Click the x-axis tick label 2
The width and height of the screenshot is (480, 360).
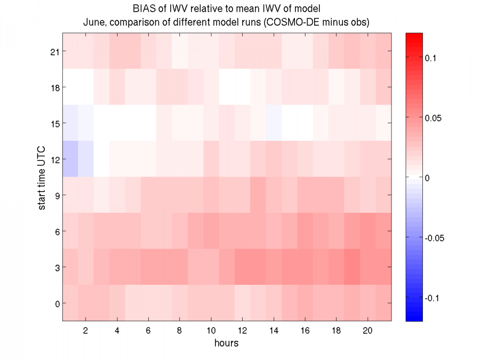pos(86,331)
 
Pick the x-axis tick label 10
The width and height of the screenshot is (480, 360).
pos(211,331)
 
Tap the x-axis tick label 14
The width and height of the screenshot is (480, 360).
pos(274,331)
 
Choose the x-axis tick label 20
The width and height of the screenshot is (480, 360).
pos(368,331)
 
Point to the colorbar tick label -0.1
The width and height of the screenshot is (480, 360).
pos(434,298)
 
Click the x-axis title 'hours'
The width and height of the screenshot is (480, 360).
pos(227,343)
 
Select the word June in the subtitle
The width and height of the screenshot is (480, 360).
pos(94,22)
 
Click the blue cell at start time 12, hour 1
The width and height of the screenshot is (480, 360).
pos(70,159)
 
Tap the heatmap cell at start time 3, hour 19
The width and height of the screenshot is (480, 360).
pos(352,267)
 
